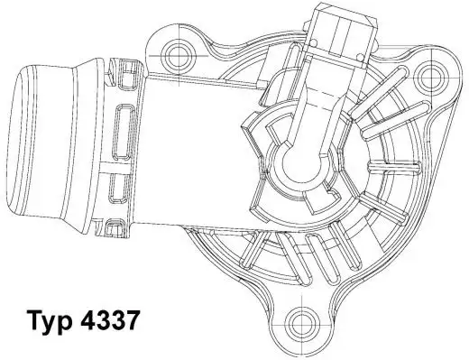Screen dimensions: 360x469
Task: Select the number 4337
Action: click(115, 321)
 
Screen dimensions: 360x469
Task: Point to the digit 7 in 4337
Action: click(134, 321)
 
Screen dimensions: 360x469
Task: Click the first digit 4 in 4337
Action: click(94, 321)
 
